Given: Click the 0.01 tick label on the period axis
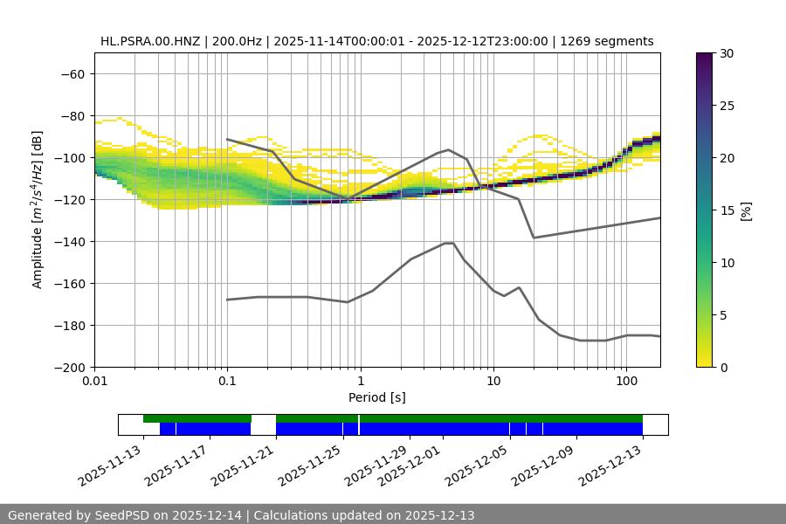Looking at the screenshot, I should (x=94, y=382).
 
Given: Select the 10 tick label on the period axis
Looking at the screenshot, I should (x=493, y=382).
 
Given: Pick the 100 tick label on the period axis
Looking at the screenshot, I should (x=625, y=382).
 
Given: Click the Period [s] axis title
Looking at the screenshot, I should (x=376, y=397).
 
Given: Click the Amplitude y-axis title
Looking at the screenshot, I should (x=38, y=210).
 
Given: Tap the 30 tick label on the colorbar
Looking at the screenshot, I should (x=727, y=53).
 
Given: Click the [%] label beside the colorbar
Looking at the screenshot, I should (x=746, y=210).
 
